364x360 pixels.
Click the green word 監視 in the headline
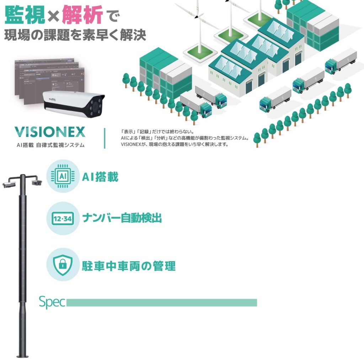(25, 15)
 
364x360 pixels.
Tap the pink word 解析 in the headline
(82, 15)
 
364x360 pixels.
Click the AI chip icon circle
(63, 176)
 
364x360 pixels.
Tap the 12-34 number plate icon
(63, 219)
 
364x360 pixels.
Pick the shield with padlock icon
(63, 264)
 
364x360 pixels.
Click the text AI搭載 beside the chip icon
(100, 177)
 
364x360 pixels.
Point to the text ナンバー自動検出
(122, 218)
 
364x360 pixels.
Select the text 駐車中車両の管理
(128, 265)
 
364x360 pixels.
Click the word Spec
(52, 302)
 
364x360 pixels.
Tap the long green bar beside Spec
(161, 303)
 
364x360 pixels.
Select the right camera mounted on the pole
(35, 182)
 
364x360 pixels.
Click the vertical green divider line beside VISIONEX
(105, 138)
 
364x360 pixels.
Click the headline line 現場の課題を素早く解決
(75, 35)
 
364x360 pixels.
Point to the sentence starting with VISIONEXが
(174, 145)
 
